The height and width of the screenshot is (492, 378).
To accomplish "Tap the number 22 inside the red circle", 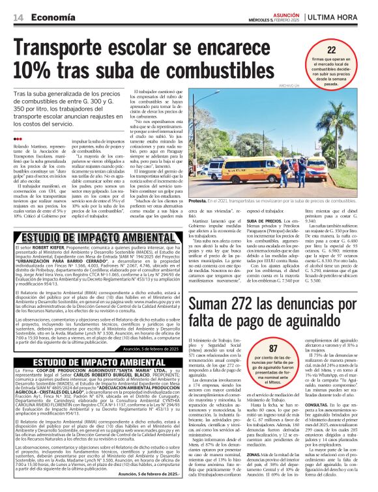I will [x=332, y=49].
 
